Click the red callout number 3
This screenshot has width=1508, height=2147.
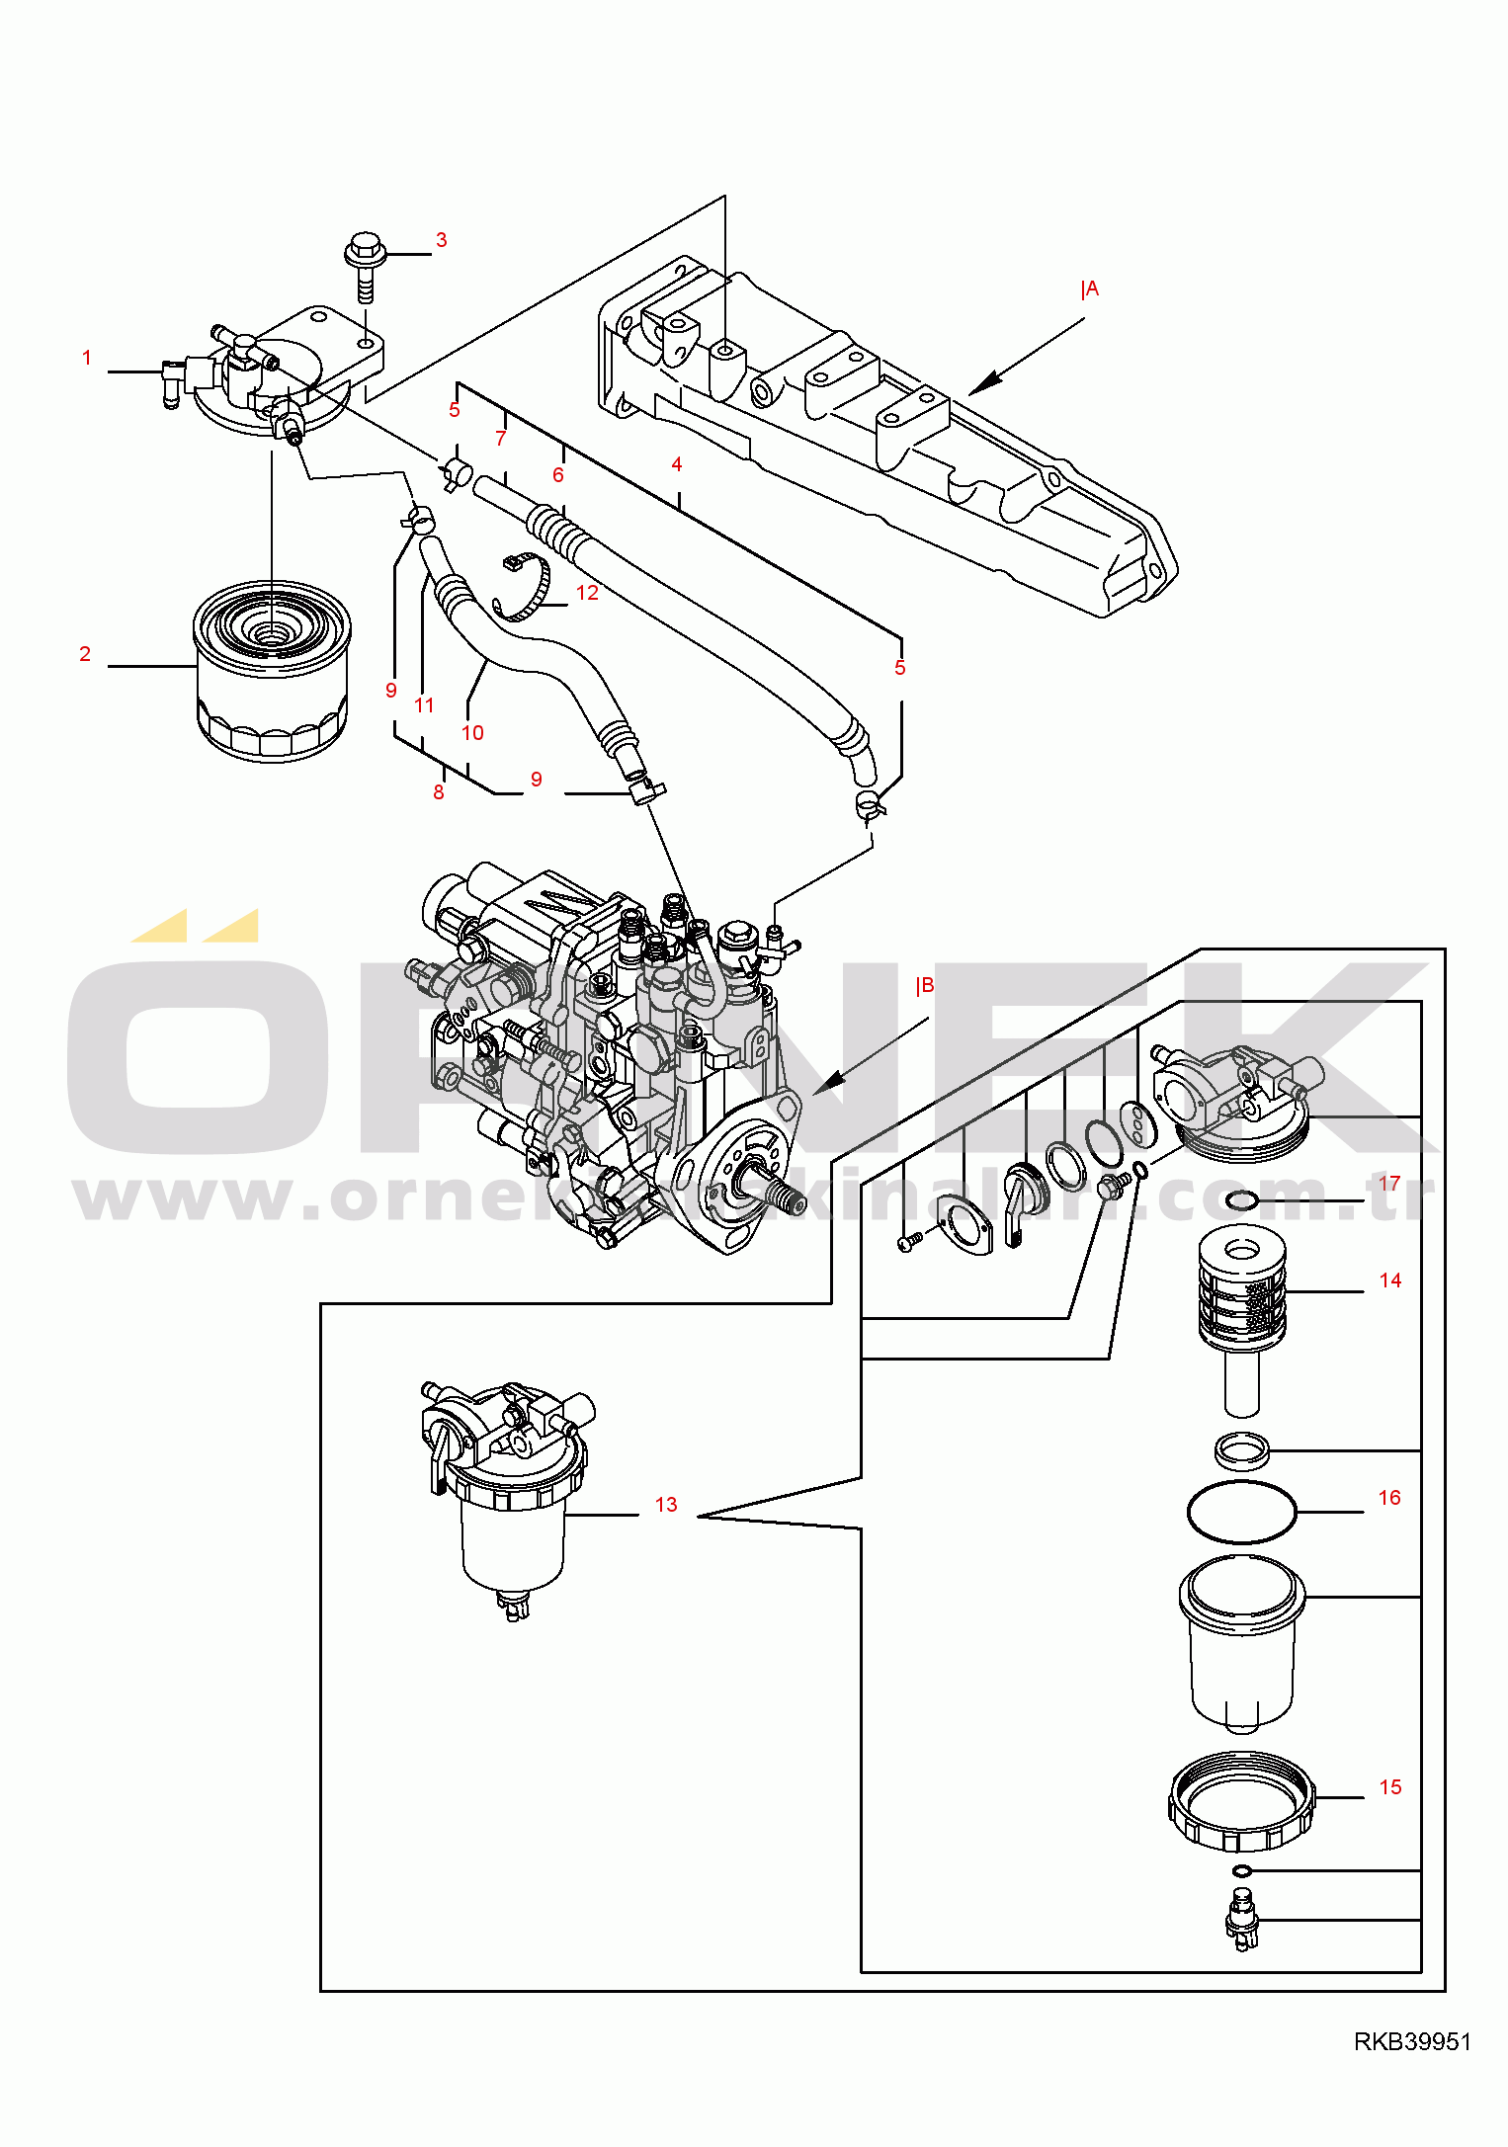click(x=441, y=240)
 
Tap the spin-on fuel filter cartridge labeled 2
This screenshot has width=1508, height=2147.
click(x=271, y=672)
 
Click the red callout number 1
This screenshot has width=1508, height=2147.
click(x=87, y=358)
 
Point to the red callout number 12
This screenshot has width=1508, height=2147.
click(x=587, y=593)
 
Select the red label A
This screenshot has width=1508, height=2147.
click(x=1090, y=289)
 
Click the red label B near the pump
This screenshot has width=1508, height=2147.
click(x=926, y=986)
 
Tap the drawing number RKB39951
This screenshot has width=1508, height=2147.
click(x=1412, y=2041)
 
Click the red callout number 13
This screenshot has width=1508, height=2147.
click(x=666, y=1505)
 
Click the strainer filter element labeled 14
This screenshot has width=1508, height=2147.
click(x=1242, y=1294)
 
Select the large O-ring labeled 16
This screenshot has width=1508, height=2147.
click(x=1241, y=1511)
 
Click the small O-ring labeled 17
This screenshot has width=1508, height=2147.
click(x=1242, y=1200)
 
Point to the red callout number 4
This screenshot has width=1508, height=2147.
click(x=677, y=464)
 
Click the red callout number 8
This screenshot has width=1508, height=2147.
click(x=439, y=792)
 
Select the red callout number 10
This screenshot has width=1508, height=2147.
click(x=472, y=733)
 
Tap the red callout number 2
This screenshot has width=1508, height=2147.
click(x=85, y=654)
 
